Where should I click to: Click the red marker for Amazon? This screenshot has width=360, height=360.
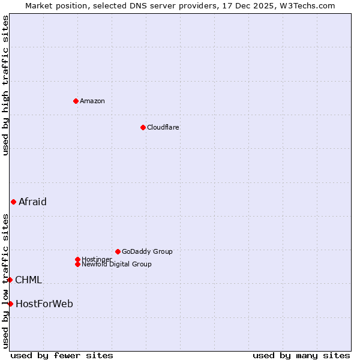pos(76,101)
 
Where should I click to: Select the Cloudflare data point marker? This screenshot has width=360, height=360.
pos(143,127)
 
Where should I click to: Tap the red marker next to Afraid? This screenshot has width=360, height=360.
pos(13,202)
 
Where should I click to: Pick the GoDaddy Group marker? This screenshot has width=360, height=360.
pos(118,251)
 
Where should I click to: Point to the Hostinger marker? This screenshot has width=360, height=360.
pos(77,259)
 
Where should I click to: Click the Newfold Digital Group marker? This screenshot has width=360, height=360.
pos(77,264)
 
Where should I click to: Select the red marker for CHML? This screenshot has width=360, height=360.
pos(10,280)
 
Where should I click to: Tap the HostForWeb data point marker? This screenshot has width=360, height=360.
pos(10,304)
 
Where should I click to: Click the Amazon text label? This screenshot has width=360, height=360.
pos(92,101)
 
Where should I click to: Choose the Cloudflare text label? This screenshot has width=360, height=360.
pos(163,127)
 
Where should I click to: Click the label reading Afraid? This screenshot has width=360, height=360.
pos(32,202)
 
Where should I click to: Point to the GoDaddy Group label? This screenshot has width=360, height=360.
pos(147,251)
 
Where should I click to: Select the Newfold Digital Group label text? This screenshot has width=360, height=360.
pos(116,264)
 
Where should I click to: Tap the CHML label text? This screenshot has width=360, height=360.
pos(28,280)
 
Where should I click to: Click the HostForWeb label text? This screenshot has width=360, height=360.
pos(44,304)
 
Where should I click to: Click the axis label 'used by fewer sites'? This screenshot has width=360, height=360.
pos(62,355)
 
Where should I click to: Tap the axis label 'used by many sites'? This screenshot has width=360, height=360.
pos(301,355)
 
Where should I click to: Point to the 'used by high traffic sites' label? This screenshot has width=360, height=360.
pos(5,85)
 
